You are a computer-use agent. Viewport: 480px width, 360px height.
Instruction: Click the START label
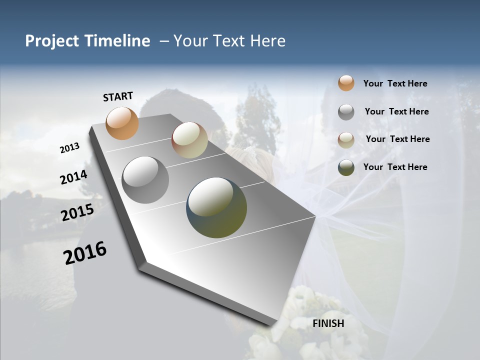(118, 96)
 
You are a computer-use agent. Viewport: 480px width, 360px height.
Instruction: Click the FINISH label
(328, 323)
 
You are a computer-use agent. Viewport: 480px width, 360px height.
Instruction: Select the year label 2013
(69, 148)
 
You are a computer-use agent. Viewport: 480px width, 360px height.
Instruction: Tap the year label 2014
(73, 177)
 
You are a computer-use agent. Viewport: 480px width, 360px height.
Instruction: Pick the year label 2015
(77, 212)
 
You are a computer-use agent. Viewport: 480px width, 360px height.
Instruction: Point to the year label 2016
(85, 253)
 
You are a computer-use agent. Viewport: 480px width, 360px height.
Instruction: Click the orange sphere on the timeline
(122, 123)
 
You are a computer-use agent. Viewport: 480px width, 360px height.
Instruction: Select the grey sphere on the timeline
(145, 180)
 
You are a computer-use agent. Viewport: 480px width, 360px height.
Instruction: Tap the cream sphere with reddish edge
(189, 140)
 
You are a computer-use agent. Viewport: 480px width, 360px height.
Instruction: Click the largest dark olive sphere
(216, 207)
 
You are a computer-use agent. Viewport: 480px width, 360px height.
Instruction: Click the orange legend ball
(346, 83)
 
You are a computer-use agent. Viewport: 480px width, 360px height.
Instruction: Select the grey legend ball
(346, 112)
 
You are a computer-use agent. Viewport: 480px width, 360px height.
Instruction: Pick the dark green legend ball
(346, 167)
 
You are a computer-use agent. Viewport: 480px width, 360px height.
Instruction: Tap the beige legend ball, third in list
(346, 139)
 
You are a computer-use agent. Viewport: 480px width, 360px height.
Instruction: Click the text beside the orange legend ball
(395, 83)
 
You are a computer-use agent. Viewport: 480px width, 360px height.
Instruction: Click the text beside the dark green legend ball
(395, 167)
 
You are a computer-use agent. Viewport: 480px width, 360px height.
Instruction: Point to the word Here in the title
(267, 41)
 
